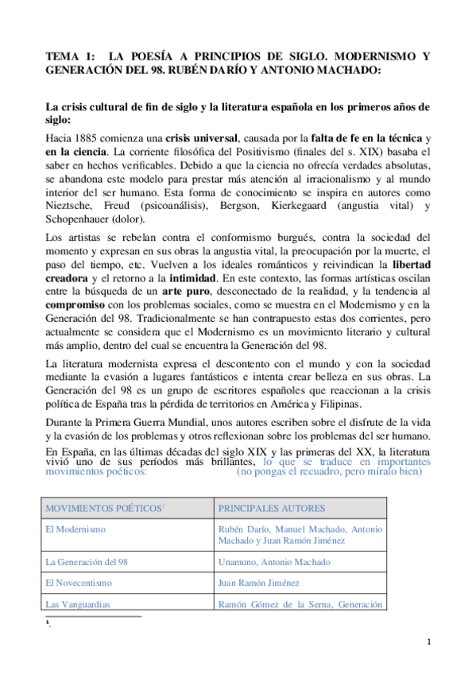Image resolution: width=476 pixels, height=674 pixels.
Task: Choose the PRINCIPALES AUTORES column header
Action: coord(265,508)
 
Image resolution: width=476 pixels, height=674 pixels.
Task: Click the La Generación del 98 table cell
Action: coord(87,561)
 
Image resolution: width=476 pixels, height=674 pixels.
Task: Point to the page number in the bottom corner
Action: coord(428,642)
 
